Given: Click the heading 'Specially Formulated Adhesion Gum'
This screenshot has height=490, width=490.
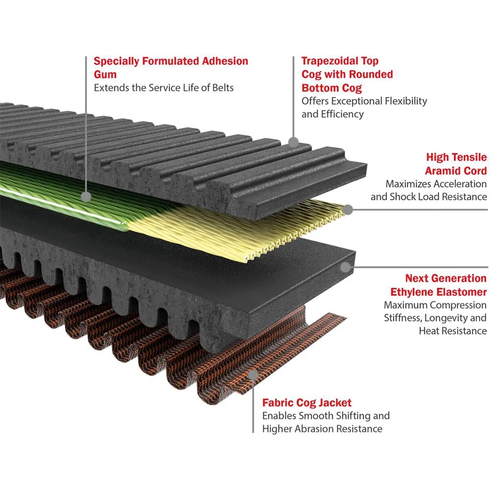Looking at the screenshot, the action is [x=171, y=68].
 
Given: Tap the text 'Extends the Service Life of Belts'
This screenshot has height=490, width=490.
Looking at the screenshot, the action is [x=164, y=88].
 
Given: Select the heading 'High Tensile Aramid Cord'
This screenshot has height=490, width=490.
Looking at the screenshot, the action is [x=456, y=164].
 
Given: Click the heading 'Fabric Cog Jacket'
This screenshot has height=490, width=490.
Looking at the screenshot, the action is [x=307, y=402].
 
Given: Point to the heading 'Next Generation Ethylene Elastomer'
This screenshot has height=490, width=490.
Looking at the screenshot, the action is [x=439, y=285].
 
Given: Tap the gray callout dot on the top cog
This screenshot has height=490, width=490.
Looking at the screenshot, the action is [x=293, y=143].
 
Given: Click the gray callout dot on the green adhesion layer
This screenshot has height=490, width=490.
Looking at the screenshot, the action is [x=86, y=196].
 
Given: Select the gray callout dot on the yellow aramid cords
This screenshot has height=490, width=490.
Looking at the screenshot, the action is [x=348, y=209].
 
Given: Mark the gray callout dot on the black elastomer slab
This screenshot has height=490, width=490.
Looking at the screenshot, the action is [x=345, y=267].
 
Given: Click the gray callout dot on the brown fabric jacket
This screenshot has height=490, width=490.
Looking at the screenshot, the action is [x=253, y=374].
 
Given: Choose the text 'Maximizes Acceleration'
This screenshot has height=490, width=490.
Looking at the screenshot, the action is [x=436, y=184].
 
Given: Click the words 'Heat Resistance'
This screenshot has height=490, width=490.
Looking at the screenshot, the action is [x=453, y=331].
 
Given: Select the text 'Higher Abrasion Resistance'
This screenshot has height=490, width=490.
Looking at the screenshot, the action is [x=322, y=429].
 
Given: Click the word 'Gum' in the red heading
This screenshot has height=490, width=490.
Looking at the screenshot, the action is [x=105, y=74].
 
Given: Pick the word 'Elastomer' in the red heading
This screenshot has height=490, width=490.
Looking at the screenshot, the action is [x=463, y=292].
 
